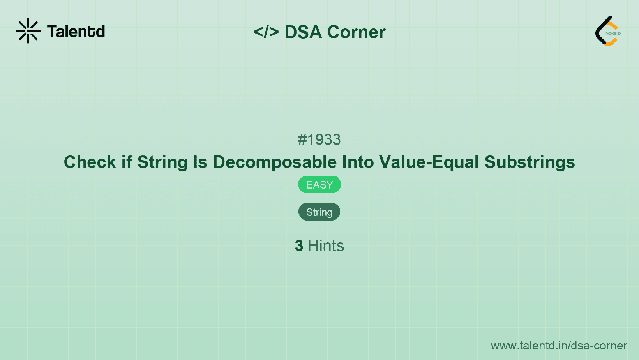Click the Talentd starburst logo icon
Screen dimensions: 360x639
[x=28, y=31]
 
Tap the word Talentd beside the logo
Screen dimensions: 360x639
[x=76, y=32]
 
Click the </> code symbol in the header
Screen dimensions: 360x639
[x=266, y=32]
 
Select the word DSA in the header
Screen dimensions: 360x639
[x=303, y=32]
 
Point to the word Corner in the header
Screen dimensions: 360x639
[x=356, y=32]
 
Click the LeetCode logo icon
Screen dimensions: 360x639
[x=608, y=31]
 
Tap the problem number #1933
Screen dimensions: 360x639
[x=319, y=139]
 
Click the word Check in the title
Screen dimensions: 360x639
[x=90, y=162]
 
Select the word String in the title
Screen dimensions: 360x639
[x=162, y=162]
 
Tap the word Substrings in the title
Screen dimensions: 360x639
[x=530, y=162]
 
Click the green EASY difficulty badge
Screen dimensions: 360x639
[x=319, y=185]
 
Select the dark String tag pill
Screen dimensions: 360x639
[x=319, y=212]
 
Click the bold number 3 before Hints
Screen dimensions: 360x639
[x=299, y=246]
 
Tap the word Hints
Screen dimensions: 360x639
[x=326, y=246]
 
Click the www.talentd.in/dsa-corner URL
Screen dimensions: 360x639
[x=559, y=346]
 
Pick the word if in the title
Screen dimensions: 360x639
[x=127, y=162]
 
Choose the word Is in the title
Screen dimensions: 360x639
[x=200, y=162]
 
